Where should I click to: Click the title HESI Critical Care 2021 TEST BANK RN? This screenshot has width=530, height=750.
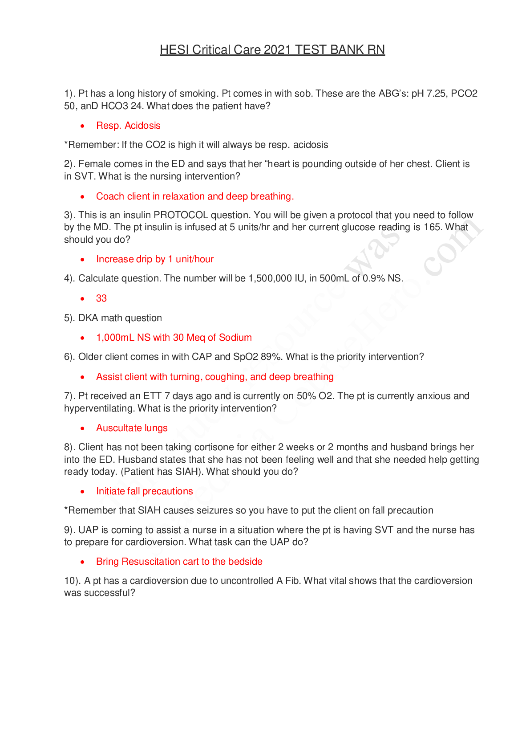[272, 50]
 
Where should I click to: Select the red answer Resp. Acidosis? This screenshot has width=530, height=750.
[128, 126]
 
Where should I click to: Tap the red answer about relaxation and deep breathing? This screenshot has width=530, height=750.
[195, 196]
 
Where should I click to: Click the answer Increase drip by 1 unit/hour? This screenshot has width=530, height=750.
[155, 259]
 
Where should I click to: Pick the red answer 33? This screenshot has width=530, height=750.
[101, 298]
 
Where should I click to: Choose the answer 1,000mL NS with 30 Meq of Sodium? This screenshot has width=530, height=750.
[174, 338]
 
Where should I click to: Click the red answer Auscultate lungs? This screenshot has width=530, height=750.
[132, 428]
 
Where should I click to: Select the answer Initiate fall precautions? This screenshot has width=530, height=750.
[145, 491]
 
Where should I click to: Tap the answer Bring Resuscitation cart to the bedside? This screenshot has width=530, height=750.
[179, 562]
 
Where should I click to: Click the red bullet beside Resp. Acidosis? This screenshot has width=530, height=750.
[82, 126]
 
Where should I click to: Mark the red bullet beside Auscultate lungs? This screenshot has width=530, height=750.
[82, 428]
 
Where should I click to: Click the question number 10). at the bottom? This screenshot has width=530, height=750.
[72, 581]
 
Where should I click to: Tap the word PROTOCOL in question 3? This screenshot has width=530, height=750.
[181, 215]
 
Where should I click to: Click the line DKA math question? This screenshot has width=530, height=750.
[120, 318]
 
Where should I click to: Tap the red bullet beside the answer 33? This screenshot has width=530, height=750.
[82, 299]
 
